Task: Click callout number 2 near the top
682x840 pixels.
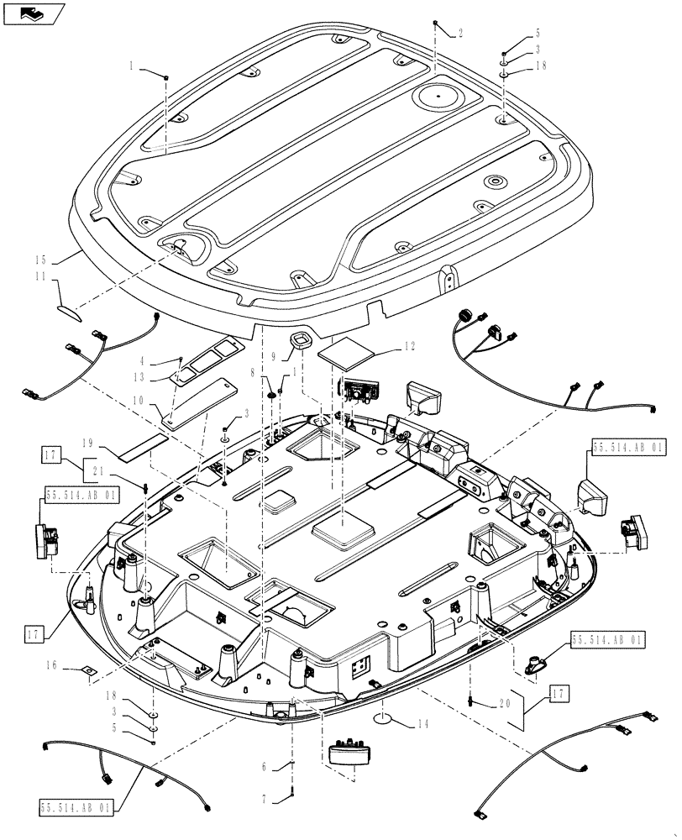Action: pos(459,34)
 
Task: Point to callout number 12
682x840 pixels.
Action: pos(409,345)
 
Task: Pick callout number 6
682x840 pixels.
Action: pos(265,765)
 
